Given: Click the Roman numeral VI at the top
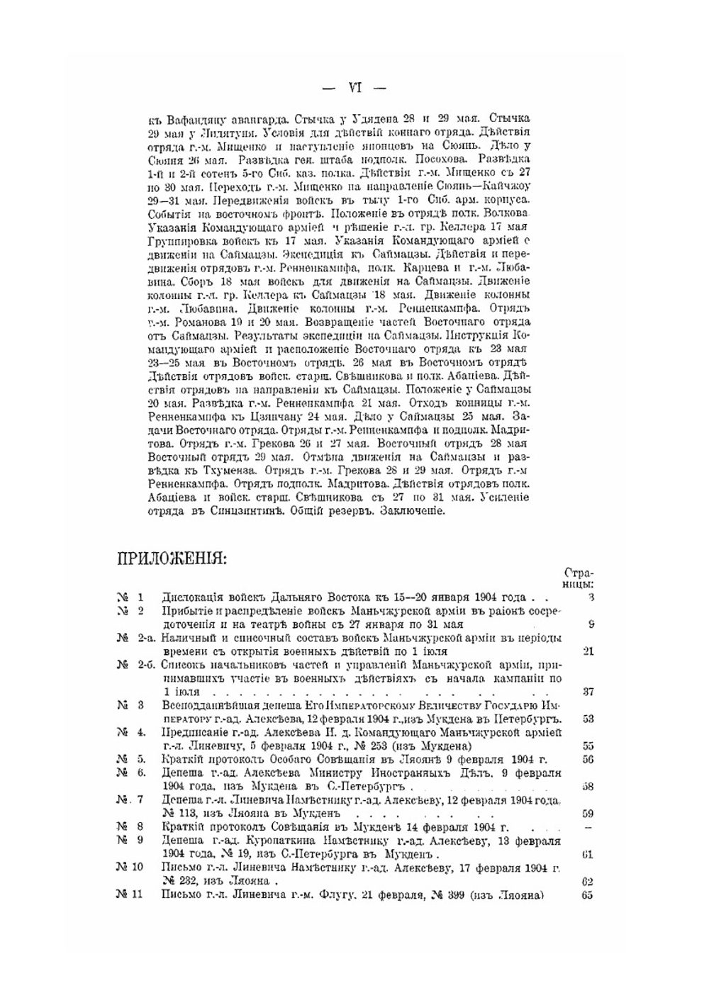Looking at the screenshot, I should [354, 89].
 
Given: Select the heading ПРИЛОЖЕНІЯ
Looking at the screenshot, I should [172, 558].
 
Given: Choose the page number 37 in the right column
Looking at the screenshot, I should [588, 692].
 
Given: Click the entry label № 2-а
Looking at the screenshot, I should [136, 638].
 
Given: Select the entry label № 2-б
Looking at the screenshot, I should [136, 665].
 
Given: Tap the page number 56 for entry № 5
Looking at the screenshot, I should [588, 759].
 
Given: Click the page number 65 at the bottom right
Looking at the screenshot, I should [588, 894].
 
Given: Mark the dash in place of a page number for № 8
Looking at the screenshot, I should [588, 827].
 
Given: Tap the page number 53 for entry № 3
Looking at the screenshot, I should [588, 719].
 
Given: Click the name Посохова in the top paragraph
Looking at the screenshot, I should [442, 159].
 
